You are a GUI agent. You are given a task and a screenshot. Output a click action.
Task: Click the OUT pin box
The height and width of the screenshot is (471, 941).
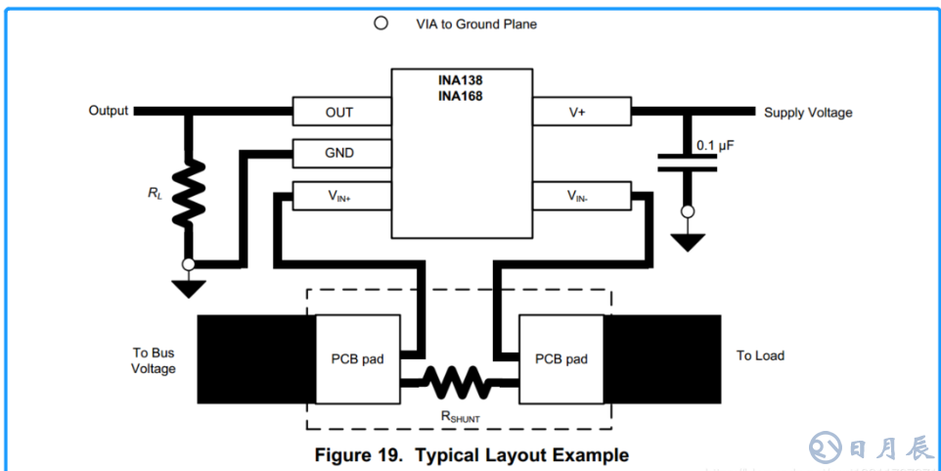[x=338, y=113]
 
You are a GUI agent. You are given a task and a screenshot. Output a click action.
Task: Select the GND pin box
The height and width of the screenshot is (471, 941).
[x=338, y=153]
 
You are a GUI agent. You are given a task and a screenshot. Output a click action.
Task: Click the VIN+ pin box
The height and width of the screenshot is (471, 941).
[x=338, y=196]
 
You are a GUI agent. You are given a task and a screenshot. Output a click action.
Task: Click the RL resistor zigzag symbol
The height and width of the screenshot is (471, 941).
[x=189, y=192]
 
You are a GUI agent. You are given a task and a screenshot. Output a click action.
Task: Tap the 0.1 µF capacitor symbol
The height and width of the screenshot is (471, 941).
[x=688, y=162]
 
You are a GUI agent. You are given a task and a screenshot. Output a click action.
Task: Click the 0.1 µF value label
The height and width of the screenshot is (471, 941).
[x=715, y=145]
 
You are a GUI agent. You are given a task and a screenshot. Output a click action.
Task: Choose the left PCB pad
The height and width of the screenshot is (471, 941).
[x=357, y=359]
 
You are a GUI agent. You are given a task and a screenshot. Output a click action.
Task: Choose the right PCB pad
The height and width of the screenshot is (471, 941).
[x=560, y=359]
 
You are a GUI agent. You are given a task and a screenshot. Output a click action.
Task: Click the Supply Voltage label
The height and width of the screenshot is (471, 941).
[x=808, y=113]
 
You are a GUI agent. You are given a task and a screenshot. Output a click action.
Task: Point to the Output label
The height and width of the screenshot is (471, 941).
[x=109, y=111]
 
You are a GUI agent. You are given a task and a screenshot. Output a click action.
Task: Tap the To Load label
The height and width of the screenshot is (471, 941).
[x=760, y=355]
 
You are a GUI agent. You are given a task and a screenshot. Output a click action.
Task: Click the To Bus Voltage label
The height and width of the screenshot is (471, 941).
[x=155, y=360]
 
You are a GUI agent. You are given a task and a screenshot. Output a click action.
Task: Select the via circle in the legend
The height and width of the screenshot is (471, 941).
[x=381, y=24]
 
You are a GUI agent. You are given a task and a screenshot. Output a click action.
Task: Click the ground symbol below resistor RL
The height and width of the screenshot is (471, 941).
[x=189, y=287]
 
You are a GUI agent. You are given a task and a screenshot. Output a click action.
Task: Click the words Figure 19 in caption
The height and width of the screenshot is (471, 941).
[x=358, y=455]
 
